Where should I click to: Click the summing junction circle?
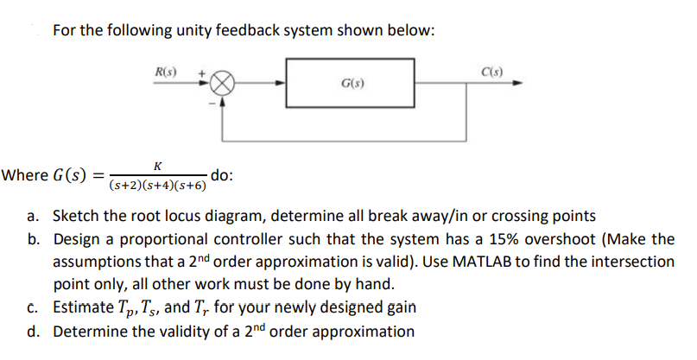tap(223, 84)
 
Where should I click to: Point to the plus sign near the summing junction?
tap(204, 74)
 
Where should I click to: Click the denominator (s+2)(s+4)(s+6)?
tap(158, 185)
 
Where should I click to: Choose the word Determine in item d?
tap(91, 331)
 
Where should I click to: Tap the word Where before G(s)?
tap(24, 175)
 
